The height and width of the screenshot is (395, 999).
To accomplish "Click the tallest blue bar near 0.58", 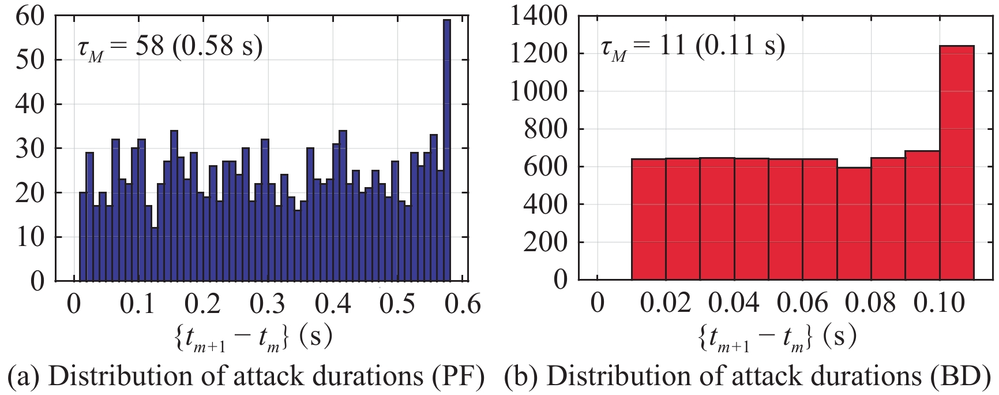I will click(x=446, y=150).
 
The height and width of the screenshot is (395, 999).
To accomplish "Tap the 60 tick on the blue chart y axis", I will click(x=30, y=16).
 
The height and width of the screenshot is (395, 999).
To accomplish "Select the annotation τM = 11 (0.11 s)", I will click(x=692, y=46).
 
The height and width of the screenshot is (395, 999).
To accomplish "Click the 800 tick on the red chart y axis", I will click(x=546, y=129).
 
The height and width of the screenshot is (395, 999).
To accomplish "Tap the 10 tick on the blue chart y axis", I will click(x=30, y=237).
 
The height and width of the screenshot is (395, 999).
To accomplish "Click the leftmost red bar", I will click(x=648, y=219).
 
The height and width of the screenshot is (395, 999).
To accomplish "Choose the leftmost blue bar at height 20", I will click(x=82, y=237).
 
